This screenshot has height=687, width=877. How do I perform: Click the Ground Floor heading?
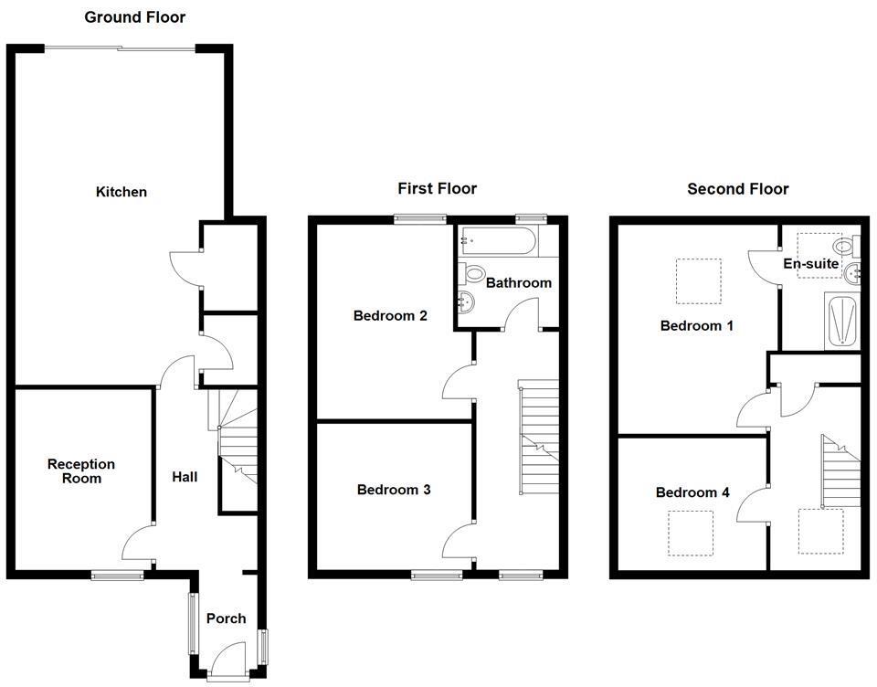coord(134,17)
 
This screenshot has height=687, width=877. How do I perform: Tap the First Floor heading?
coord(437,189)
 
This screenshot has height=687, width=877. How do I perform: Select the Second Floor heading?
coord(737,189)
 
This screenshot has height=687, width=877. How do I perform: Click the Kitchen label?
coord(122,192)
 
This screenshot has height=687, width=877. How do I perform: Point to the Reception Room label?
coord(81,471)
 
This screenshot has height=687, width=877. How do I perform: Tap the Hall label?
coord(185,477)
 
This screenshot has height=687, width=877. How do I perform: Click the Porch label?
coord(226,618)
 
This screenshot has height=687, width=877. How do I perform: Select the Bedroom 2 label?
coord(390,316)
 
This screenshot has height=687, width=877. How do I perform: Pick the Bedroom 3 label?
coord(393,490)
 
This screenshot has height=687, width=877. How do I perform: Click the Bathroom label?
coord(518,283)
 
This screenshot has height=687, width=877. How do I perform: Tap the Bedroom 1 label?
coord(696,325)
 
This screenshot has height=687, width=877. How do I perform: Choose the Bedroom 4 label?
coord(692,492)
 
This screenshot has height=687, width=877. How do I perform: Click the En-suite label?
coord(811,264)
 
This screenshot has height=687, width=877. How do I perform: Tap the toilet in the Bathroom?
coord(474,273)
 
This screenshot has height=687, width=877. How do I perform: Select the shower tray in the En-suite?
coord(841,322)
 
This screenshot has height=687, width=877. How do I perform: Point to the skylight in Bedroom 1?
coord(698,280)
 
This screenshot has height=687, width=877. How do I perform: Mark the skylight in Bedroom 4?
coord(690,533)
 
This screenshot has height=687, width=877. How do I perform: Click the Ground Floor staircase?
coord(238,448)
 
